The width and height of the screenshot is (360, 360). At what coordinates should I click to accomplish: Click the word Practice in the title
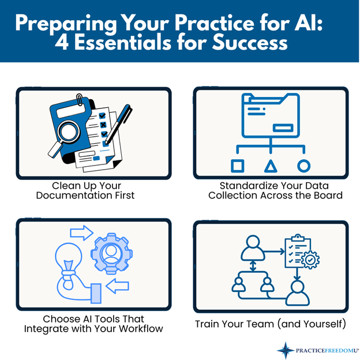pos(215,23)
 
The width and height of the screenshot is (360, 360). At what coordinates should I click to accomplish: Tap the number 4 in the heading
pos(62,43)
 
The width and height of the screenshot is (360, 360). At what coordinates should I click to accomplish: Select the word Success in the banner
pos(250,43)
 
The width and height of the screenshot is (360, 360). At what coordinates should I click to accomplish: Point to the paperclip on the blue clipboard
pos(80,100)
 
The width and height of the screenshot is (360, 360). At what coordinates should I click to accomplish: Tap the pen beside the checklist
pos(118,125)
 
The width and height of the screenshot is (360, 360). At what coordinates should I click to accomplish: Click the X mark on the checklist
pos(103,125)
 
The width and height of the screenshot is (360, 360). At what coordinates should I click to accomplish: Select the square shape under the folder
pos(237,166)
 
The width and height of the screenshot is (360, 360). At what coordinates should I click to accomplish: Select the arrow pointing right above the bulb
pos(82,233)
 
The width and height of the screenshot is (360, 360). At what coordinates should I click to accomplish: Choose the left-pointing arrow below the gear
pos(117,286)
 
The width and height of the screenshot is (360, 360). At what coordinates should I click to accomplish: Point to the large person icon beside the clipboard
pos(253,248)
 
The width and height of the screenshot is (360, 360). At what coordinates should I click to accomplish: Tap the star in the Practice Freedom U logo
pos(286,350)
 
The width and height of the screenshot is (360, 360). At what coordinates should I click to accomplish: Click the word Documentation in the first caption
pos(72,196)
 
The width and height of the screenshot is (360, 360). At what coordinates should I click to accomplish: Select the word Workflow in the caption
pos(141,329)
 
